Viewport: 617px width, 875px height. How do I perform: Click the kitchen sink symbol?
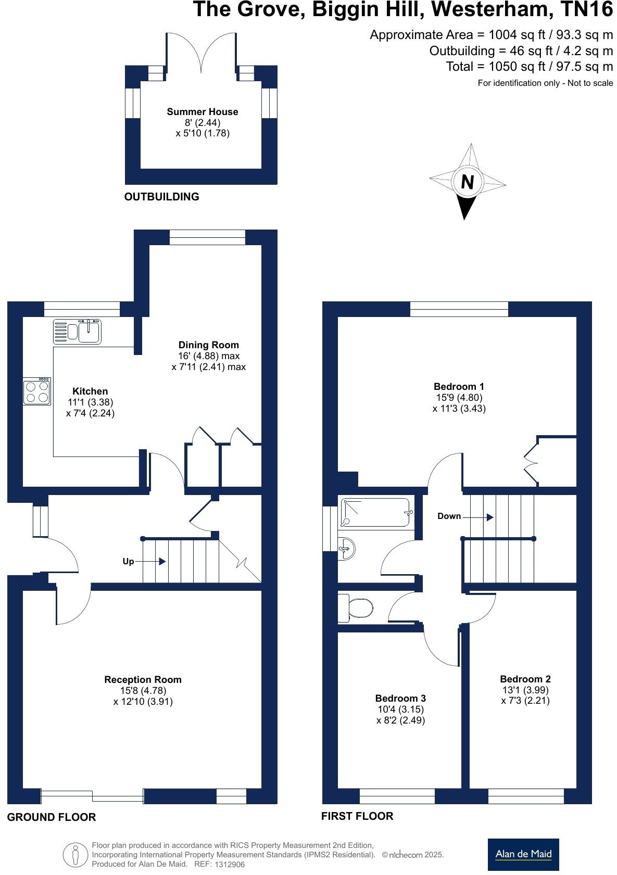coord(78,331)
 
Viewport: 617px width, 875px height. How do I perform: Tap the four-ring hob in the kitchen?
coord(37,392)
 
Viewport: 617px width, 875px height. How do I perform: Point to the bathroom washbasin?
coord(347,548)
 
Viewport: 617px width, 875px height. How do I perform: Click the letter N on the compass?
coord(468,182)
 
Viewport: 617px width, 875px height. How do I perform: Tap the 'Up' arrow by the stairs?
coord(161,561)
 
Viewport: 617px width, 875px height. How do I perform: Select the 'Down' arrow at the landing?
coord(489,517)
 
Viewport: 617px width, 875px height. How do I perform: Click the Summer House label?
coord(203,111)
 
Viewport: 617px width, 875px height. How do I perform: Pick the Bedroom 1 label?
coord(459,386)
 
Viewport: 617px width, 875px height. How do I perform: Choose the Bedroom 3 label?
coord(400,698)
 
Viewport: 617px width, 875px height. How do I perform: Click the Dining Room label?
coord(208,345)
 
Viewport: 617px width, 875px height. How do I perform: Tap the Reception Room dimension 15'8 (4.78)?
coord(143,690)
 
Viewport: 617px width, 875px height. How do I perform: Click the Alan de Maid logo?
coord(523,854)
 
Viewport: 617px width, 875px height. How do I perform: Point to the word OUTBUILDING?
coord(161,197)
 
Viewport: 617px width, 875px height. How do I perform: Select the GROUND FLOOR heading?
coord(52,817)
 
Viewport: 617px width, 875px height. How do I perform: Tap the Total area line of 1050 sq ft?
coord(529,67)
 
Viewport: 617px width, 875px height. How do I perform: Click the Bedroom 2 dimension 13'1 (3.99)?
coord(525,690)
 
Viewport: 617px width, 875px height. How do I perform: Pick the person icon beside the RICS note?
coord(75,855)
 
